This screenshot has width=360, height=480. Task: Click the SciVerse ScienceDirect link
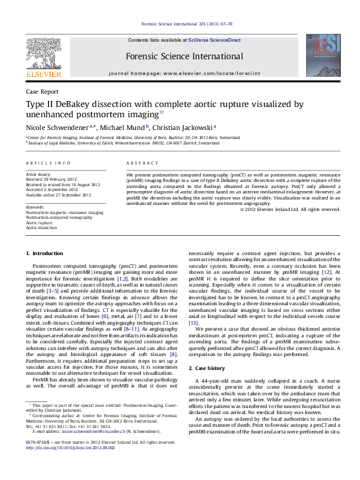tap(214, 40)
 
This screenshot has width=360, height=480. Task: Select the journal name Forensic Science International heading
tap(185, 57)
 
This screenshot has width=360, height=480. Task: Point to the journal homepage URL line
tap(185, 73)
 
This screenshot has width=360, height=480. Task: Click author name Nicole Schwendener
tap(56, 128)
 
